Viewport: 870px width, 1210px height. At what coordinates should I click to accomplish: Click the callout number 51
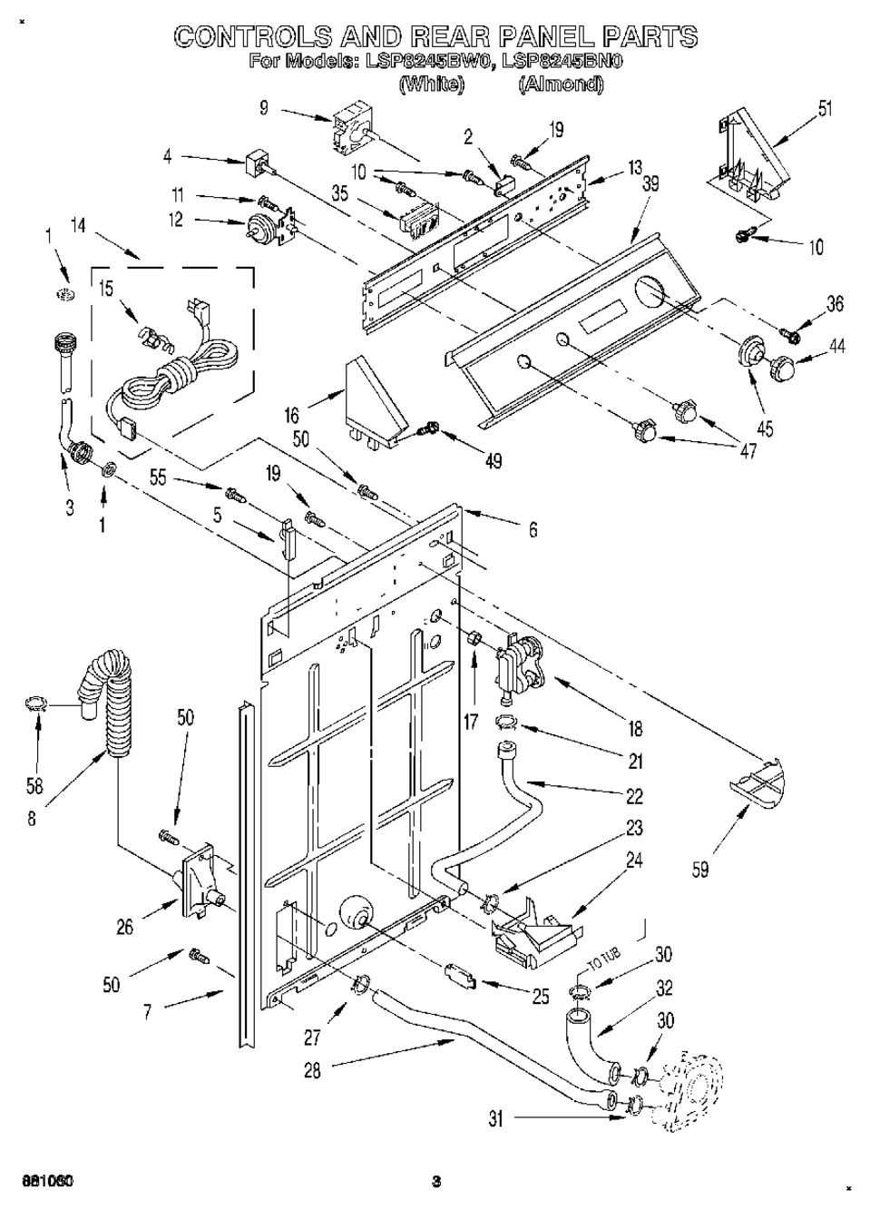pyautogui.click(x=825, y=110)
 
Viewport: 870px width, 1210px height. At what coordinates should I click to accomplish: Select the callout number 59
pyautogui.click(x=699, y=869)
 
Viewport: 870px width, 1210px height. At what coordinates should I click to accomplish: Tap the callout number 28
pyautogui.click(x=311, y=1070)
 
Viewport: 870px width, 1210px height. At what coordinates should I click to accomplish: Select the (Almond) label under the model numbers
pyautogui.click(x=560, y=84)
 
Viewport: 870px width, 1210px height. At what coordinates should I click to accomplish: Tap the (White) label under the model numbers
pyautogui.click(x=432, y=84)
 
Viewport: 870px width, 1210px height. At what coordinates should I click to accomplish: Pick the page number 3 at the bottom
pyautogui.click(x=436, y=1181)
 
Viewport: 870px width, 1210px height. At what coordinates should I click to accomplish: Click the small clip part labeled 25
pyautogui.click(x=460, y=976)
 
